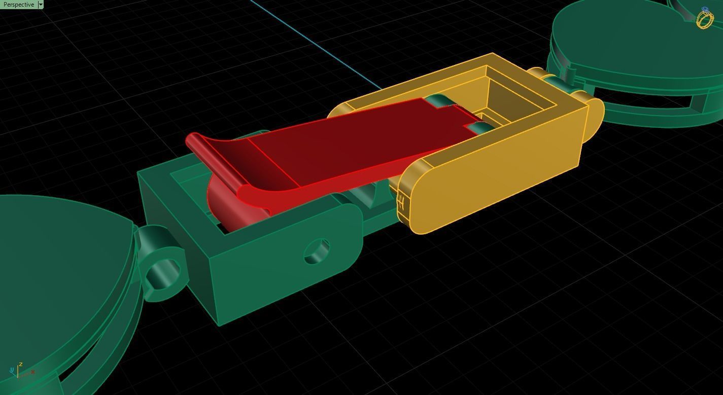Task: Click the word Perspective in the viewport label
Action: [x=18, y=5]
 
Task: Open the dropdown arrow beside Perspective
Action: [x=41, y=5]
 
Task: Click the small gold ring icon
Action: [x=705, y=19]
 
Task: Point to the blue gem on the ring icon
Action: [x=705, y=10]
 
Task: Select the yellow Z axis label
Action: [x=20, y=364]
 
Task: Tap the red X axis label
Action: [x=33, y=372]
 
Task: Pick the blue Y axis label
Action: [x=12, y=371]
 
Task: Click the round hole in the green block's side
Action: [x=317, y=251]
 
